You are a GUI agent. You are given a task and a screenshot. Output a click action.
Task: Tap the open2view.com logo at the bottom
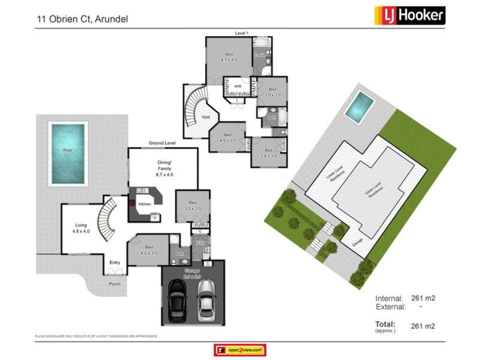pyautogui.click(x=240, y=350)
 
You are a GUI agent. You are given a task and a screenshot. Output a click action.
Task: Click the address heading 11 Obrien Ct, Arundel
pyautogui.click(x=82, y=19)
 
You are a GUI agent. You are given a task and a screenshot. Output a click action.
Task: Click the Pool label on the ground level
pyautogui.click(x=68, y=150)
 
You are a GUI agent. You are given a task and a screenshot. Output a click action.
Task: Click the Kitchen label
pyautogui.click(x=145, y=205)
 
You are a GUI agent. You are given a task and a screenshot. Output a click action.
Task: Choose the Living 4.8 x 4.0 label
pyautogui.click(x=80, y=229)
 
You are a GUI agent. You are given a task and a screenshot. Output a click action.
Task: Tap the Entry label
pyautogui.click(x=114, y=262)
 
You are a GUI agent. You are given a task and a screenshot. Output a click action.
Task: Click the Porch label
pyautogui.click(x=114, y=284)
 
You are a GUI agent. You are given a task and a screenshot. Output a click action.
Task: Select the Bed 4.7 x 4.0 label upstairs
pyautogui.click(x=229, y=57)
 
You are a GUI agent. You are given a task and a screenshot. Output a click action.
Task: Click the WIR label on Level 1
pyautogui.click(x=238, y=86)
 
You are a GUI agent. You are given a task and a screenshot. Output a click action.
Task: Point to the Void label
pyautogui.click(x=206, y=117)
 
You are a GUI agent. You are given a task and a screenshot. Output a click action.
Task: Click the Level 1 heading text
pyautogui.click(x=242, y=32)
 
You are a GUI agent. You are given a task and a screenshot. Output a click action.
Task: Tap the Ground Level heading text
pyautogui.click(x=162, y=144)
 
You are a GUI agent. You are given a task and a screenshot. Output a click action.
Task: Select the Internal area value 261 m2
pyautogui.click(x=422, y=298)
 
